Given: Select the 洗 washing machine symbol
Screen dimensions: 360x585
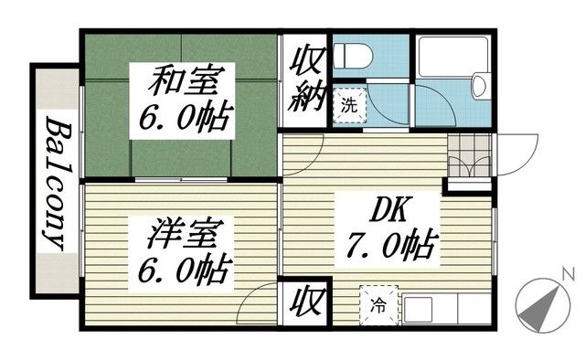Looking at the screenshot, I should [348, 103].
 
